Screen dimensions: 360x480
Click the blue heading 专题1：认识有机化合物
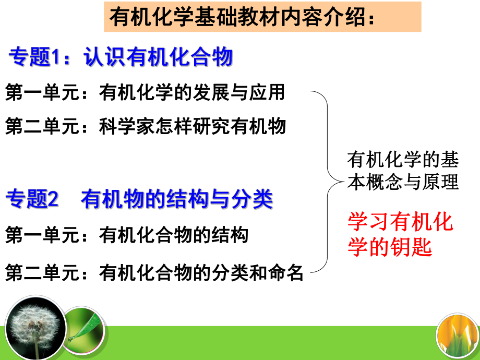[x=120, y=57]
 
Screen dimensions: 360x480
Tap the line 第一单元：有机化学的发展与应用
[x=145, y=93]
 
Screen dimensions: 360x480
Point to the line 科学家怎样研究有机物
[x=192, y=126]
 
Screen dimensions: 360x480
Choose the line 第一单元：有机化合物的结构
[x=126, y=235]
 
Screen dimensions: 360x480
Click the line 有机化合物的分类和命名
[x=201, y=273]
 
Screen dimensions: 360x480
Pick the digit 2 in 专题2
[x=55, y=200]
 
